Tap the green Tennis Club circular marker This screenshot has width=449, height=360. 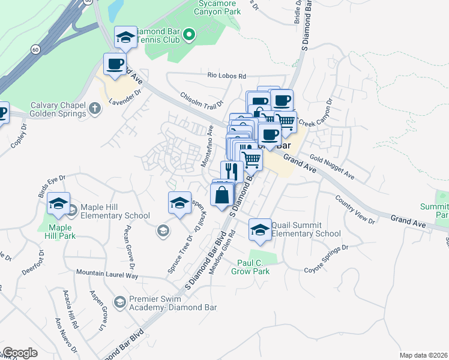[190, 35]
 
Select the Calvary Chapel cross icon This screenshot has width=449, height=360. [94, 109]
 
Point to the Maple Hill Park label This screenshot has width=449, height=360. [59, 232]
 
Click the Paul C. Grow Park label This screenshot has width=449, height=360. [250, 266]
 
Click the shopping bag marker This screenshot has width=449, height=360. [222, 195]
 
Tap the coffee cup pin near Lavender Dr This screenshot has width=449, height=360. [114, 64]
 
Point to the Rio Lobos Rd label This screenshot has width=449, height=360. [227, 76]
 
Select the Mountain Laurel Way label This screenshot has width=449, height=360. [107, 274]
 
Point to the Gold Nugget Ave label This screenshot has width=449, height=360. [332, 167]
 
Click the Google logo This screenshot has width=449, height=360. [20, 353]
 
